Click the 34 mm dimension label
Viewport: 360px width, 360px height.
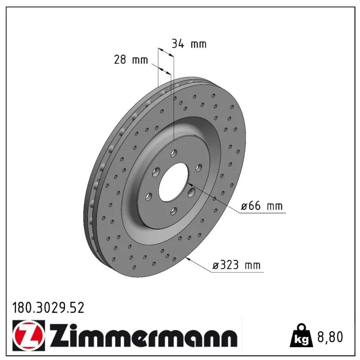[x=189, y=44]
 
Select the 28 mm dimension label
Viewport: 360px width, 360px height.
[x=131, y=60]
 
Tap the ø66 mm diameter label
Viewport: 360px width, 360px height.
[x=261, y=206]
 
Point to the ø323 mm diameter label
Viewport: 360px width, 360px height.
[x=237, y=265]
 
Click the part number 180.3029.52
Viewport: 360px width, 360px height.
[x=48, y=308]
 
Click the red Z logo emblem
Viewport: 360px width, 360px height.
[x=29, y=335]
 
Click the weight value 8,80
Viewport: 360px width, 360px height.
[x=330, y=337]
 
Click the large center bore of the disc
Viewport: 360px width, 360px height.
[x=173, y=183]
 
